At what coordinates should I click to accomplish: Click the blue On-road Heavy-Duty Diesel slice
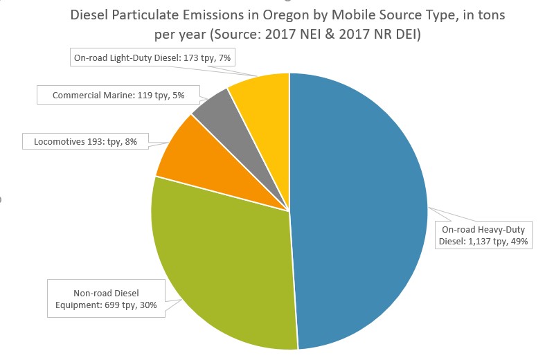[x=360, y=208]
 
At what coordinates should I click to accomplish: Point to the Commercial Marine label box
[x=118, y=95]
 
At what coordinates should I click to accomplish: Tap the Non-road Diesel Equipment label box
[x=106, y=298]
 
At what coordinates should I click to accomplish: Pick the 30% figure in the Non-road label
[x=146, y=305]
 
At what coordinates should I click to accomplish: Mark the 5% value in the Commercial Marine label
[x=178, y=95]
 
